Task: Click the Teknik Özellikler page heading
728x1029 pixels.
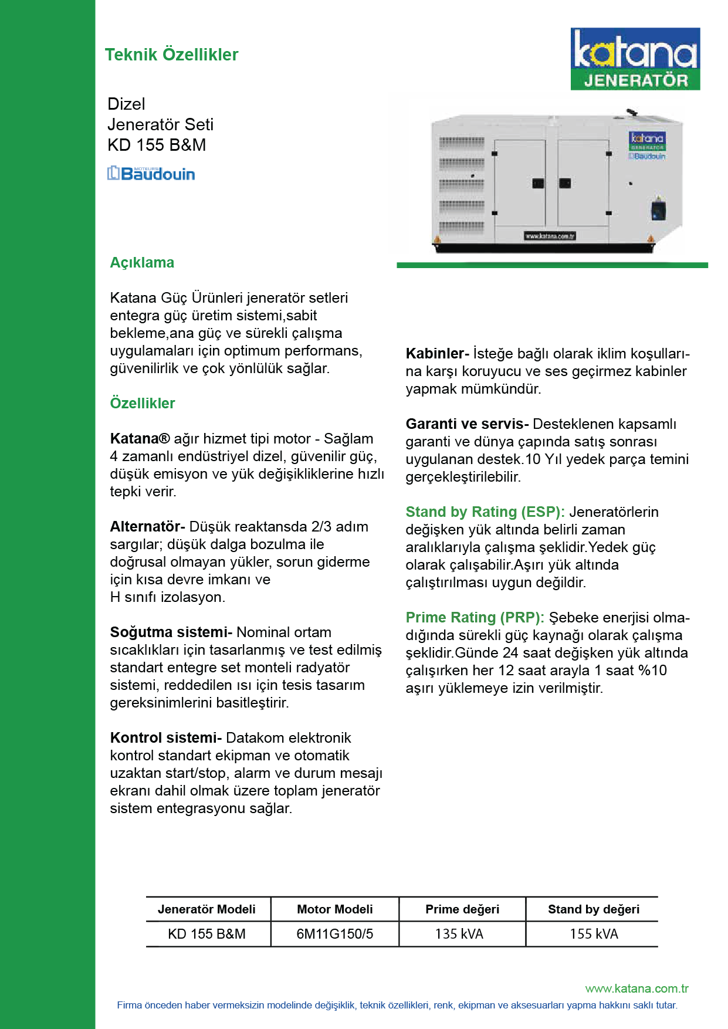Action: click(x=171, y=55)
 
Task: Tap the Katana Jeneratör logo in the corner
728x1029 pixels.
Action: click(x=635, y=59)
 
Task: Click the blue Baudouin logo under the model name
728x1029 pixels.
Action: click(x=151, y=173)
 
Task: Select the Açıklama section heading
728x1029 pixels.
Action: click(x=142, y=262)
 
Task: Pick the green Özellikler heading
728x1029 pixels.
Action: click(x=143, y=403)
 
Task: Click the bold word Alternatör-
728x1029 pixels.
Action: click(x=147, y=526)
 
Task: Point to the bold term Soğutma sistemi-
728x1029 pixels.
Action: click(x=171, y=632)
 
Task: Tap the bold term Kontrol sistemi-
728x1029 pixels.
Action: click(x=165, y=737)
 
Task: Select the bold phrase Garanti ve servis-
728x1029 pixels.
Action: click(x=467, y=424)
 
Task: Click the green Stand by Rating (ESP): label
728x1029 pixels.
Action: click(x=485, y=512)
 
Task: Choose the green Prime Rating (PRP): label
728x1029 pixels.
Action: click(x=475, y=617)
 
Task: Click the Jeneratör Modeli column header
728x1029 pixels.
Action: click(x=206, y=909)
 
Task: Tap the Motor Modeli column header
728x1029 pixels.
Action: click(x=335, y=909)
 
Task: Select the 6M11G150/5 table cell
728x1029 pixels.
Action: click(x=335, y=933)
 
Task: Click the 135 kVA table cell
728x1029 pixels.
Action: click(x=459, y=933)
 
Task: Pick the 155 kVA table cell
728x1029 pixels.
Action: click(x=594, y=933)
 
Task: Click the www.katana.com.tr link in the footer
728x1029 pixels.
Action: click(x=636, y=989)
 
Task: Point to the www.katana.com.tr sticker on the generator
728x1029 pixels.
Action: click(x=550, y=236)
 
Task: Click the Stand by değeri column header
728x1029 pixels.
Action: click(x=594, y=909)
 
